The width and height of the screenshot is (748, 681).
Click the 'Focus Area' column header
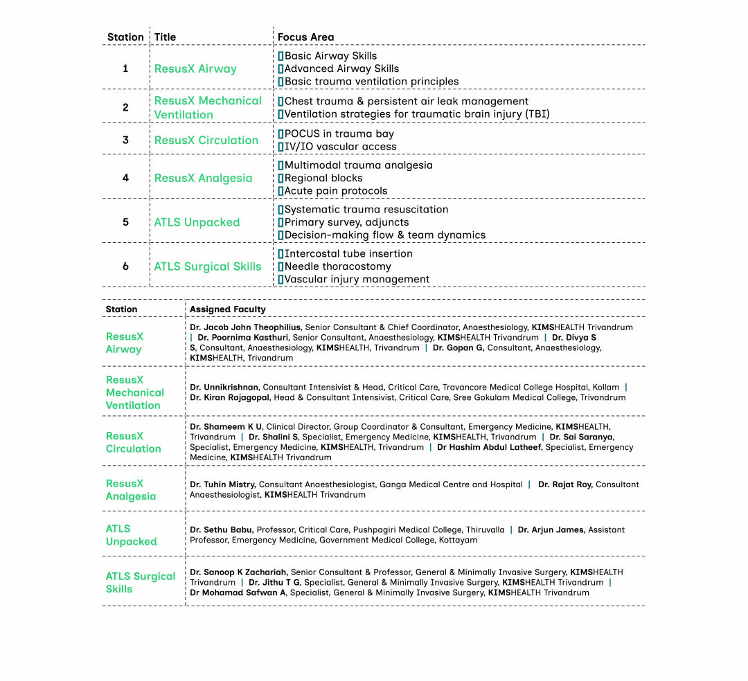305,37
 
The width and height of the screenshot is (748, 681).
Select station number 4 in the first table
125,178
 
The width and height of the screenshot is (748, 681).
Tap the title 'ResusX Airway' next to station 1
195,69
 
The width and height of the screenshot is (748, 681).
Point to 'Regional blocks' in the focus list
323,179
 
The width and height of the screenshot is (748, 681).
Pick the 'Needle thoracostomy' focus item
337,267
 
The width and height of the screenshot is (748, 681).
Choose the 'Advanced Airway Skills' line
341,69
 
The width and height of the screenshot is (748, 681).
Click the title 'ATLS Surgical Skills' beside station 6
208,267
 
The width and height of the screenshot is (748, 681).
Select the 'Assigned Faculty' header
228,309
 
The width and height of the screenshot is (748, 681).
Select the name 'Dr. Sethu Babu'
221,530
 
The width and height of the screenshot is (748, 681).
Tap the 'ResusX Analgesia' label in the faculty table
130,490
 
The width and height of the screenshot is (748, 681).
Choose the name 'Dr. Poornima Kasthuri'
243,338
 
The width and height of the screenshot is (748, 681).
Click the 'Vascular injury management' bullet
357,280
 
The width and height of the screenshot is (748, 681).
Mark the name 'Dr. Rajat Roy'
564,484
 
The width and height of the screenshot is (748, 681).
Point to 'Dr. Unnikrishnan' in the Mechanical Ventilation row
224,388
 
